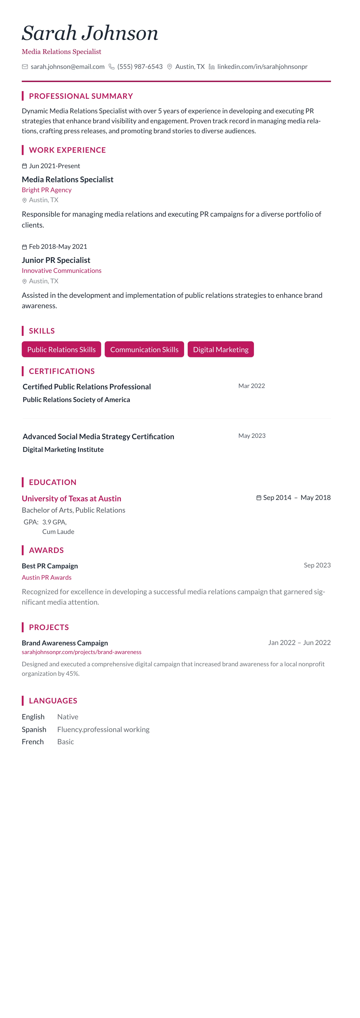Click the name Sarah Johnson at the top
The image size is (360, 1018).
click(x=90, y=33)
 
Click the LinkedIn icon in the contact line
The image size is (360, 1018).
click(x=212, y=67)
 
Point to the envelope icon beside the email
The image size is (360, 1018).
click(x=25, y=67)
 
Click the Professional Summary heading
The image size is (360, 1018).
click(x=81, y=96)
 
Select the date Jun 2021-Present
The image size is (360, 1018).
click(x=54, y=166)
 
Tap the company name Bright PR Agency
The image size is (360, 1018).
click(x=47, y=190)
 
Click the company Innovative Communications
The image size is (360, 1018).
click(x=62, y=271)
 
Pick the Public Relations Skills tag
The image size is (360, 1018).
click(x=61, y=349)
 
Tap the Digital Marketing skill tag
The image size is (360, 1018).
click(x=221, y=349)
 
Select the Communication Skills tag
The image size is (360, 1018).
click(x=144, y=349)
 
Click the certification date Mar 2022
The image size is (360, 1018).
click(x=251, y=386)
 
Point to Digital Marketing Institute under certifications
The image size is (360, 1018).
click(x=63, y=449)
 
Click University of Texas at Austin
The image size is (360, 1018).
click(x=72, y=498)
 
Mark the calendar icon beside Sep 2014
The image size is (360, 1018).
click(x=259, y=497)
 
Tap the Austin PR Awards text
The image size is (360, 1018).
click(x=47, y=577)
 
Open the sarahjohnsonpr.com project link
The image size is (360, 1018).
click(x=81, y=652)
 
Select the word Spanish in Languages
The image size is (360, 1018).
click(x=34, y=729)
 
